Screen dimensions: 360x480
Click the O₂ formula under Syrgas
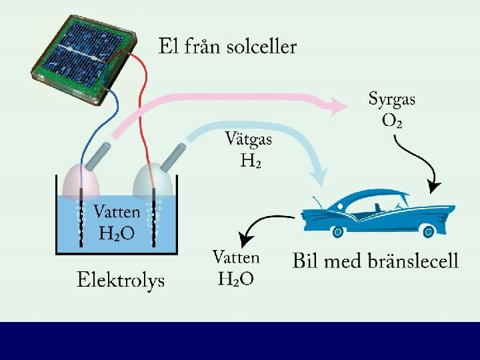[392, 121]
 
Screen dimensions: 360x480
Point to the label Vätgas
[249, 140]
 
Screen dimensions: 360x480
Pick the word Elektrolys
[121, 280]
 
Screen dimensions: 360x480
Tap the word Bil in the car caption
[307, 260]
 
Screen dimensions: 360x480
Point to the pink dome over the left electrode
[81, 179]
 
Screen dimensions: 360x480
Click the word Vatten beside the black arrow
[236, 257]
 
